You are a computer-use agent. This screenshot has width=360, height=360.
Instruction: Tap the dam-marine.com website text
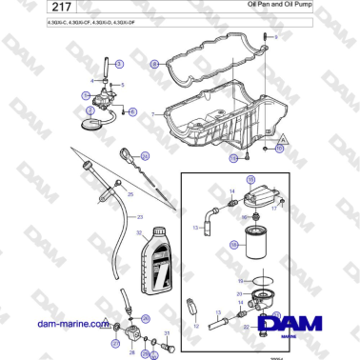tap(71, 324)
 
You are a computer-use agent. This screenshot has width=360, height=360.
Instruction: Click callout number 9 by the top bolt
tap(277, 36)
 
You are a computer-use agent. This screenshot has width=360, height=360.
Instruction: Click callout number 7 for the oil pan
tap(151, 112)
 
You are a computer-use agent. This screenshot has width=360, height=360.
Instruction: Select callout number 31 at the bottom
tap(168, 332)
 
